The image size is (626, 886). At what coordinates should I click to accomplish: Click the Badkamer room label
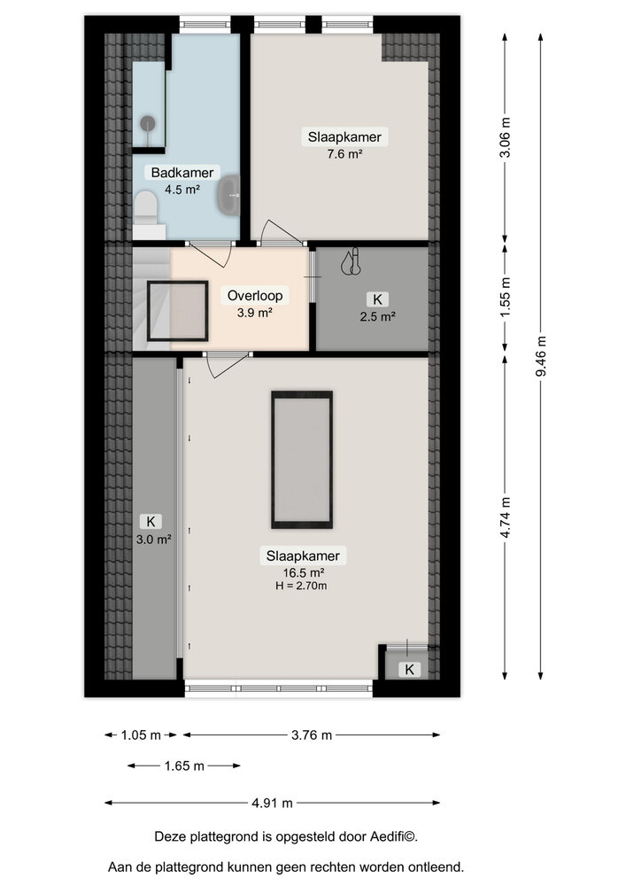[181, 173]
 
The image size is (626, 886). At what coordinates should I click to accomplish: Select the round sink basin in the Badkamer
[229, 191]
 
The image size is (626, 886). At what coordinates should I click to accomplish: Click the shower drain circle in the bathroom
[148, 124]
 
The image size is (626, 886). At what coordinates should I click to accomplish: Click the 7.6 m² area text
[344, 153]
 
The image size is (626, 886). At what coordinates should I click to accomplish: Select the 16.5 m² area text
[304, 572]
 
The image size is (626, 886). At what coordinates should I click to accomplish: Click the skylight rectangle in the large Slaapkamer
[301, 460]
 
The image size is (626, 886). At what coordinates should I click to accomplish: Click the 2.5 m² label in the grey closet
[379, 315]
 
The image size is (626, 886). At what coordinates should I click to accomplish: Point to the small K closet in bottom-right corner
[408, 669]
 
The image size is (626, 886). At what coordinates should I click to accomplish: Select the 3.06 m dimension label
[505, 138]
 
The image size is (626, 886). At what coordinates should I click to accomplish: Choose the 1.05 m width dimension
[141, 734]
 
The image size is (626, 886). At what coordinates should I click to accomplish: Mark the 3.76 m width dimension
[312, 734]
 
